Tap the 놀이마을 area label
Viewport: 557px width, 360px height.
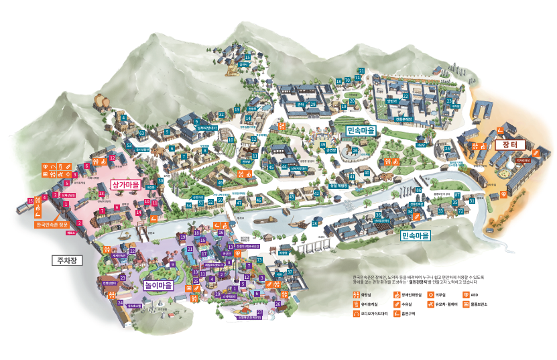click(159, 285)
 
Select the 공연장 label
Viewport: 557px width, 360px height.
click(330, 152)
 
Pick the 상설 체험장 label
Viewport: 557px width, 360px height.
click(338, 186)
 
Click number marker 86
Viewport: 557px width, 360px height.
click(418, 190)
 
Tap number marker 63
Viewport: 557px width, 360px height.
click(141, 133)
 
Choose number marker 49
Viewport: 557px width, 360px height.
click(221, 182)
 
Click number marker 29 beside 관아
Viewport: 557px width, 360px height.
click(312, 105)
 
